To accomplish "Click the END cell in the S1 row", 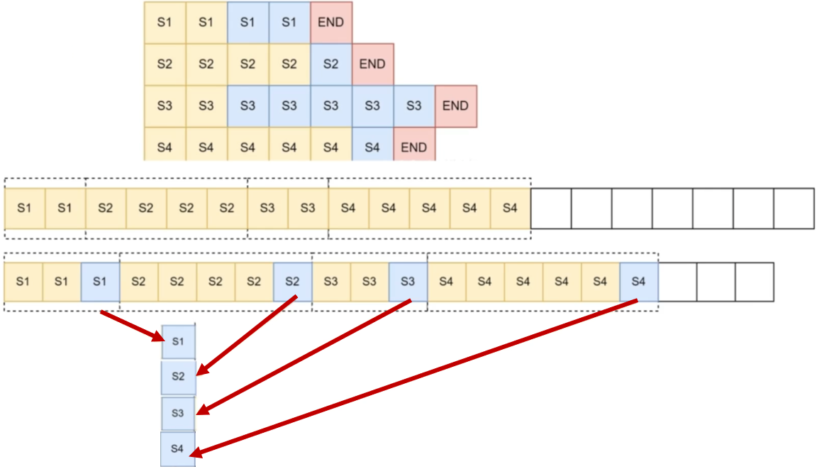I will click(x=330, y=22).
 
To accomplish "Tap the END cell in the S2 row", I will click(x=372, y=64).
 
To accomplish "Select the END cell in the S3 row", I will click(x=455, y=106).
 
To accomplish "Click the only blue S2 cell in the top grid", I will click(x=330, y=64).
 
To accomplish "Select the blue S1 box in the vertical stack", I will click(x=178, y=342).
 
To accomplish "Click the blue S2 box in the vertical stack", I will click(x=178, y=377).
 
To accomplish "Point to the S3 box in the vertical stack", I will click(x=178, y=412).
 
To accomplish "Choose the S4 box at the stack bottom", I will click(x=177, y=448).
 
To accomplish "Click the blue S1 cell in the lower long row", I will click(x=100, y=282).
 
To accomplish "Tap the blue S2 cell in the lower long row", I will click(x=292, y=282).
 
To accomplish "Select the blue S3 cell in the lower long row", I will click(x=408, y=282).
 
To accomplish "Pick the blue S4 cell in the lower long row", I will click(x=638, y=282).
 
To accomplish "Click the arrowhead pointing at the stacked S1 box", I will click(x=160, y=338).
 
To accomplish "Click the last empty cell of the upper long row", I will click(x=794, y=208).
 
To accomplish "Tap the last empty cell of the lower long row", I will click(x=754, y=282).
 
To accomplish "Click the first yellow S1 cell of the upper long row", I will click(x=25, y=208).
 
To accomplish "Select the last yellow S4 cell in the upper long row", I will click(x=510, y=208).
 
